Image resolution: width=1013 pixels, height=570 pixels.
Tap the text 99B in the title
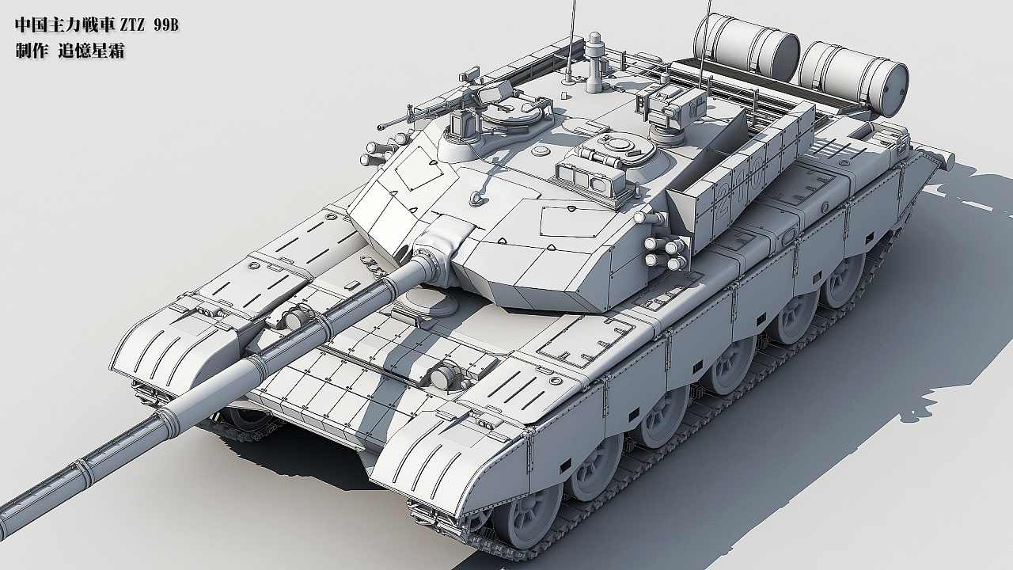pos(165,26)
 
